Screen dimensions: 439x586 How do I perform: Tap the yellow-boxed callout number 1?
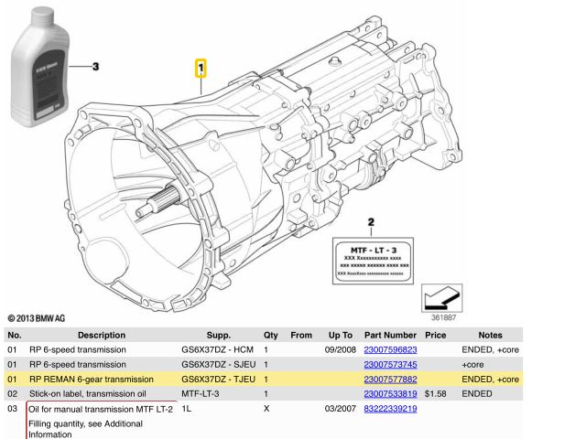click(201, 69)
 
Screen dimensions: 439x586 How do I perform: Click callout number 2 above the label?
click(370, 222)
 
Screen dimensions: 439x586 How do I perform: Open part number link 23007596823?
click(390, 349)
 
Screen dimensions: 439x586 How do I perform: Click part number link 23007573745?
click(390, 364)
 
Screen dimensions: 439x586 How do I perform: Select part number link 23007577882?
click(390, 379)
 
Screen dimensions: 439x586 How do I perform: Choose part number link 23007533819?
click(390, 393)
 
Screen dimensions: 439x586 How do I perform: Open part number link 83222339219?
click(390, 409)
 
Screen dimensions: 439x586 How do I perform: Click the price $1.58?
click(435, 393)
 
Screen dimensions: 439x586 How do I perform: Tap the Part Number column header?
click(390, 336)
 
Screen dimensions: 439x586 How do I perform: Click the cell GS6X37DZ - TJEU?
click(217, 379)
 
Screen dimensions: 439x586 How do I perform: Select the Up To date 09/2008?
click(340, 349)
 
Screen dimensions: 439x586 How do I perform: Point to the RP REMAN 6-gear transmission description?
click(92, 379)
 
